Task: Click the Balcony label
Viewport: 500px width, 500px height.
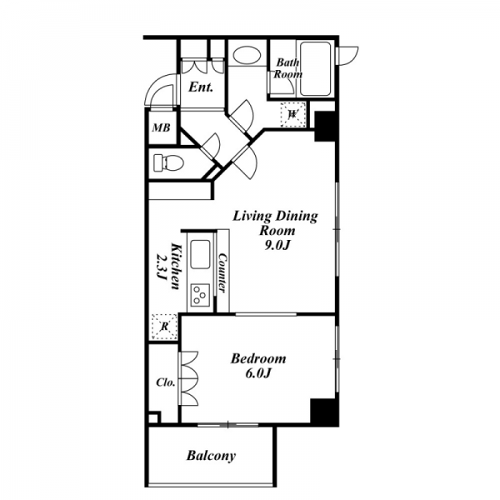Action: [211, 456]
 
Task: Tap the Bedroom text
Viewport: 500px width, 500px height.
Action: [258, 358]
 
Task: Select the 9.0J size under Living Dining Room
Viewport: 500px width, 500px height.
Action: [277, 245]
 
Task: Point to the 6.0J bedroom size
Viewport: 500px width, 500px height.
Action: [258, 373]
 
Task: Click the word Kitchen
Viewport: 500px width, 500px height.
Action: [177, 267]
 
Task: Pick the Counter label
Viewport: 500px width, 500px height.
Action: [222, 273]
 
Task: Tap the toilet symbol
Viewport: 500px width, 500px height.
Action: [168, 163]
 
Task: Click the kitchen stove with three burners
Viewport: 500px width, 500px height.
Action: [200, 295]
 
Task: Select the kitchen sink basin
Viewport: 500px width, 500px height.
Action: [200, 254]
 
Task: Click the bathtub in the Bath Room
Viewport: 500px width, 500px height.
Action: [315, 69]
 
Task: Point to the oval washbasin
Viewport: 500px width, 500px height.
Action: [247, 55]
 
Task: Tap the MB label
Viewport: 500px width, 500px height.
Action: [162, 128]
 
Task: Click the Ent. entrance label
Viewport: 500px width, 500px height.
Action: [201, 87]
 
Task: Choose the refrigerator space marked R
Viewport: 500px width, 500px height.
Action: [164, 327]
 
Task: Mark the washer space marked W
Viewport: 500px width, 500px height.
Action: [292, 114]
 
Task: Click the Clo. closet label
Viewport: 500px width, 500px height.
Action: [166, 382]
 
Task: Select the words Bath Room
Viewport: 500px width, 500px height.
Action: [288, 68]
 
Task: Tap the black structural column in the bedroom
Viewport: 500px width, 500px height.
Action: [323, 411]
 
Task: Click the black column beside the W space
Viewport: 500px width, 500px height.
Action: [325, 127]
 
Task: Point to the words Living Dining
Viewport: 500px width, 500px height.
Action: [275, 217]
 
